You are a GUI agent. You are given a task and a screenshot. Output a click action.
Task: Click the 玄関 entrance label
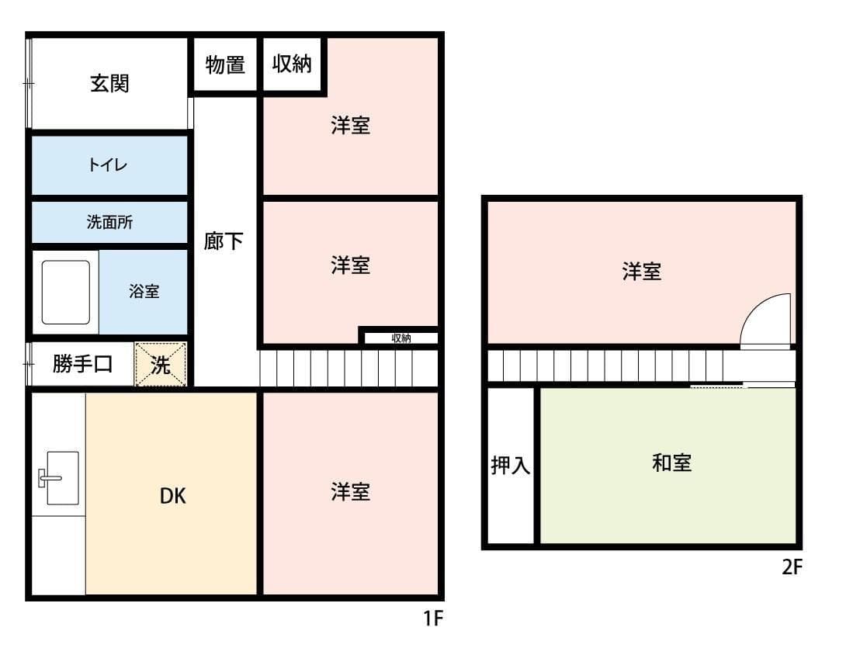pyautogui.click(x=109, y=84)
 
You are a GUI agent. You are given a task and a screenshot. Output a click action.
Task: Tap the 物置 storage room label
pyautogui.click(x=225, y=66)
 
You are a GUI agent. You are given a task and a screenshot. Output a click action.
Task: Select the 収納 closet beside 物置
pyautogui.click(x=292, y=65)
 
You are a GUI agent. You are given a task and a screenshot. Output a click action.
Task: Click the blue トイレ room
pyautogui.click(x=109, y=165)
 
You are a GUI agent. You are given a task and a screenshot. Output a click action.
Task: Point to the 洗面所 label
pyautogui.click(x=109, y=223)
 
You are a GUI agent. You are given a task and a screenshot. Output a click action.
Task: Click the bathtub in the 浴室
pyautogui.click(x=65, y=292)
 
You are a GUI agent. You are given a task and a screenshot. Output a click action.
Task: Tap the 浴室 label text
pyautogui.click(x=144, y=292)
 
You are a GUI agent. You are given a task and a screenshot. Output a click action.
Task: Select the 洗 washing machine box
pyautogui.click(x=161, y=365)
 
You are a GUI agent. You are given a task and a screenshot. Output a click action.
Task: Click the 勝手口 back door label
pyautogui.click(x=82, y=364)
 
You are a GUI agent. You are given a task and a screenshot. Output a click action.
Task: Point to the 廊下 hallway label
pyautogui.click(x=224, y=242)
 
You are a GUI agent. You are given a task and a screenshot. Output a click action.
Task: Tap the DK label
pyautogui.click(x=172, y=496)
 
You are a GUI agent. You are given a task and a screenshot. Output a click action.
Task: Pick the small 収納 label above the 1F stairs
pyautogui.click(x=401, y=338)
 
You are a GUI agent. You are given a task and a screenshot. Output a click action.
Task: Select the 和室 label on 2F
pyautogui.click(x=672, y=464)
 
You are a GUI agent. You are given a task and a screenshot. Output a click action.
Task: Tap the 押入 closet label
pyautogui.click(x=511, y=466)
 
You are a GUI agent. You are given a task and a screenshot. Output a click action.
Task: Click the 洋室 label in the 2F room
pyautogui.click(x=642, y=272)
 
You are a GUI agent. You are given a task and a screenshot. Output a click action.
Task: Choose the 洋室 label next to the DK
pyautogui.click(x=350, y=491)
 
